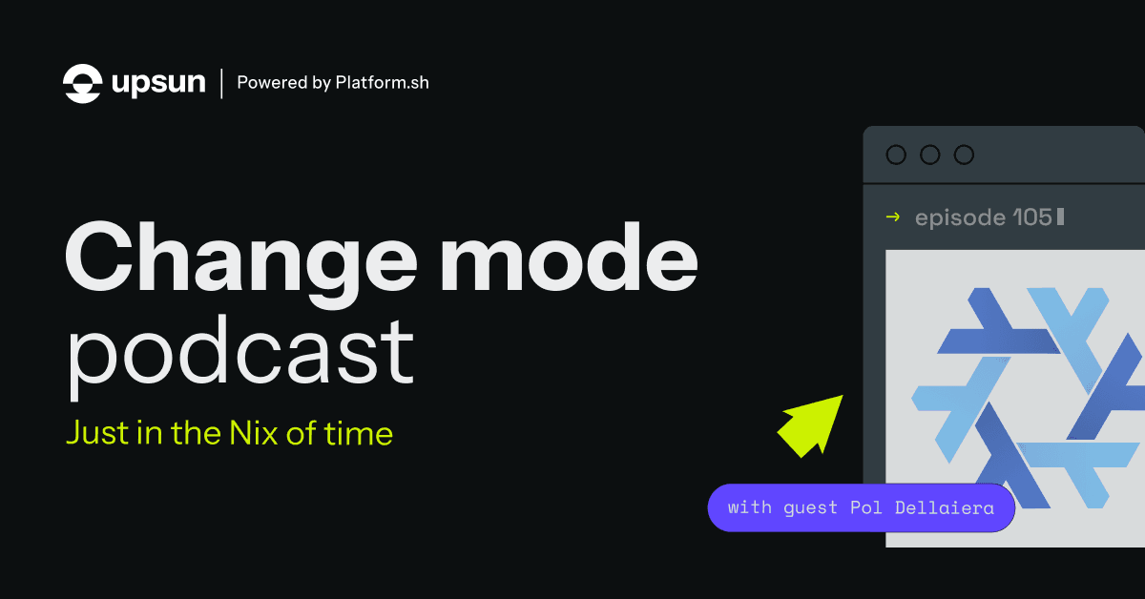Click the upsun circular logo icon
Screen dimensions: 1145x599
(x=82, y=83)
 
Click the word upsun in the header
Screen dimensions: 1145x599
(x=158, y=83)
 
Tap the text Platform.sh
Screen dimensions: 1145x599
(x=382, y=82)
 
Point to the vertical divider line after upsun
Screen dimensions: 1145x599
(x=221, y=83)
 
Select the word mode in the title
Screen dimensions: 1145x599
(x=569, y=257)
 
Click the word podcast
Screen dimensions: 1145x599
(x=239, y=354)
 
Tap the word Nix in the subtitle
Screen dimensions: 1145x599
(x=254, y=433)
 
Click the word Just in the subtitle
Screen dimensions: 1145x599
(x=98, y=433)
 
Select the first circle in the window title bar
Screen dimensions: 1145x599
(x=896, y=155)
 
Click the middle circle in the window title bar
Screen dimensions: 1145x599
(x=929, y=155)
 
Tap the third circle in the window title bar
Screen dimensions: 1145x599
(x=964, y=155)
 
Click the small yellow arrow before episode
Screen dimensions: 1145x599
(x=893, y=217)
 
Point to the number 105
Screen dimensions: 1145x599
(x=1032, y=217)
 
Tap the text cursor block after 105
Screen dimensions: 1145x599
(x=1061, y=217)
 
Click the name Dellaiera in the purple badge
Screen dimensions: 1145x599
(x=944, y=507)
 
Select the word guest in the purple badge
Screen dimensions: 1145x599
(x=810, y=508)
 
